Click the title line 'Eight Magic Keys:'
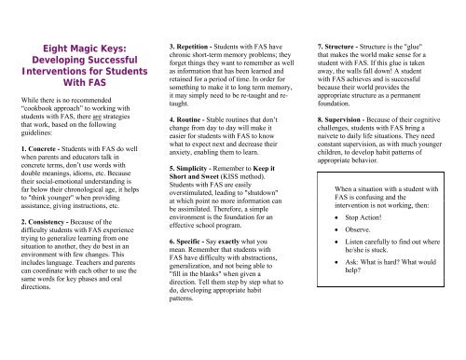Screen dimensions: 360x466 tap(73, 54)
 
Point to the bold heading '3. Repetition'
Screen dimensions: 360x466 tap(191, 45)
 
